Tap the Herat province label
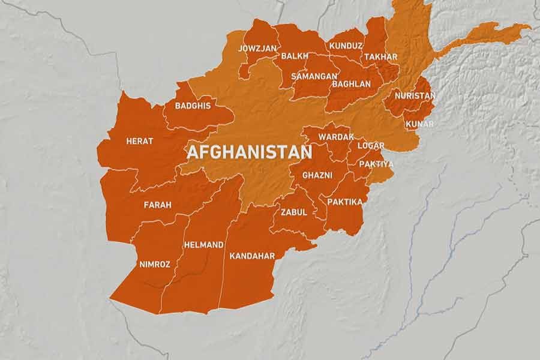pos(139,141)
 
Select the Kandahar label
pos(252,256)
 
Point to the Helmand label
pos(204,245)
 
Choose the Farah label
pos(157,205)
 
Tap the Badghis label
pos(193,106)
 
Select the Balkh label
pos(295,56)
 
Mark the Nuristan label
pos(415,95)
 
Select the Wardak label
pos(336,137)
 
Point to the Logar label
pos(370,146)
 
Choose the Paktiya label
pos(376,164)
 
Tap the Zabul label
pos(293,212)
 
